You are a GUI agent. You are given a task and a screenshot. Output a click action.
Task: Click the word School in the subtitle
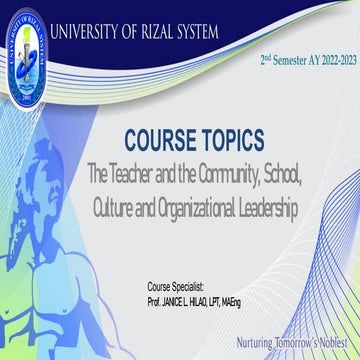pos(288,176)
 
